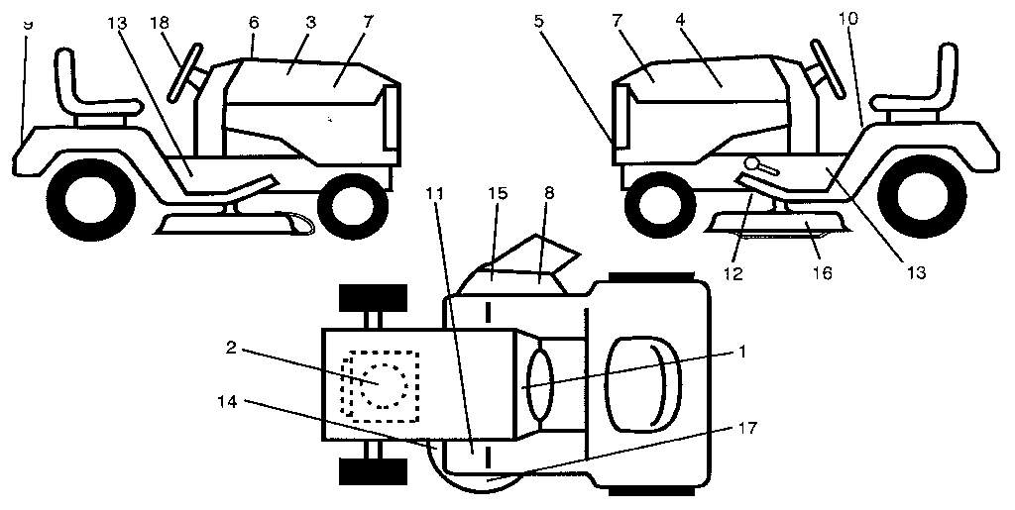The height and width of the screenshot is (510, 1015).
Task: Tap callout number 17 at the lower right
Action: tap(749, 429)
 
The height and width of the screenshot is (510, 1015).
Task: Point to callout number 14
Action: tap(229, 403)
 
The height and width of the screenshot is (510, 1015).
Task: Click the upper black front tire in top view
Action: tap(373, 297)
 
